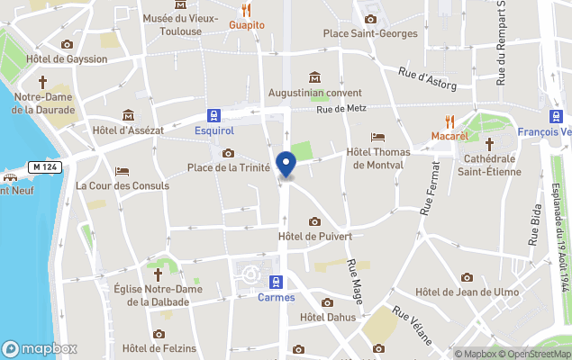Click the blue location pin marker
pyautogui.click(x=286, y=165)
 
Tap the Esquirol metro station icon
pyautogui.click(x=214, y=114)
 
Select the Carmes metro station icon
pyautogui.click(x=277, y=282)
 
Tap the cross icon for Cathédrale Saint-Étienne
pyautogui.click(x=490, y=144)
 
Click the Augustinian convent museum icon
pyautogui.click(x=314, y=77)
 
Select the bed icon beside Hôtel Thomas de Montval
pyautogui.click(x=378, y=137)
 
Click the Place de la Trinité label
pyautogui.click(x=229, y=167)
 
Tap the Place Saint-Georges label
pyautogui.click(x=370, y=34)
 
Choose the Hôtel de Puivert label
pyautogui.click(x=314, y=236)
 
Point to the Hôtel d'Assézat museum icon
pyautogui.click(x=128, y=115)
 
